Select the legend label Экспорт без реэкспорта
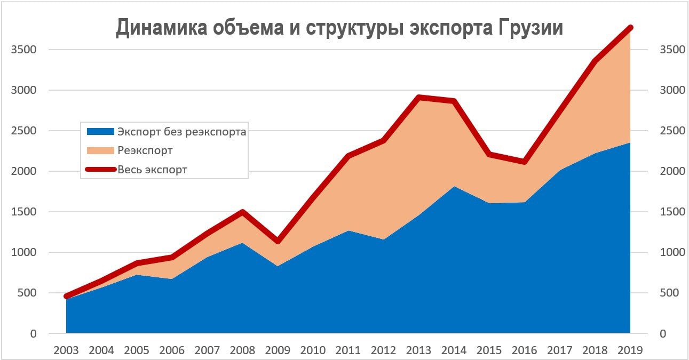click(182, 132)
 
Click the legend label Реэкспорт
click(145, 151)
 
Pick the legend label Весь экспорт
click(153, 170)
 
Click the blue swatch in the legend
click(100, 132)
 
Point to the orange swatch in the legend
click(100, 151)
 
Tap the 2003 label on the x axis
click(66, 350)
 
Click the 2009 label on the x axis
click(278, 350)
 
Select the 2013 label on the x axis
click(419, 350)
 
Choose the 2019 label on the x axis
click(630, 350)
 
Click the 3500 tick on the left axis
click(23, 50)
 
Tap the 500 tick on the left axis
click(26, 293)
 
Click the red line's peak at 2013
click(419, 97)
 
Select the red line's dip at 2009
click(278, 242)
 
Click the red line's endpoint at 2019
click(630, 28)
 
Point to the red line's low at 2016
click(525, 162)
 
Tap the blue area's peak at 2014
click(454, 187)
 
